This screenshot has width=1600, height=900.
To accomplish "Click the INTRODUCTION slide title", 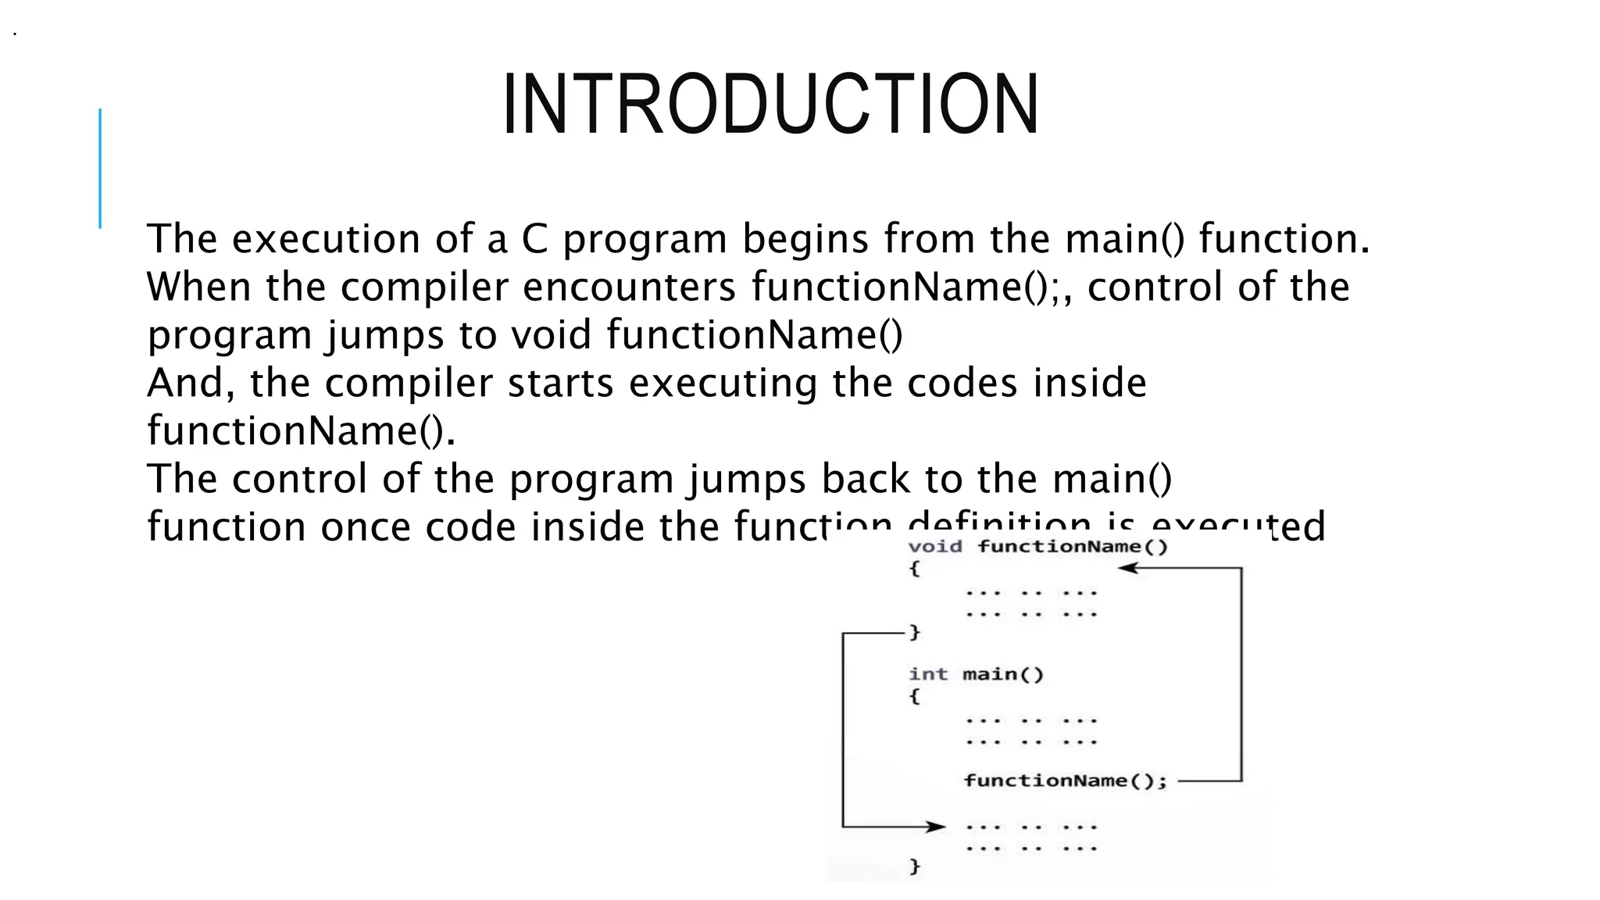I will tap(770, 105).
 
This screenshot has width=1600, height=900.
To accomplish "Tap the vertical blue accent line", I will tap(100, 168).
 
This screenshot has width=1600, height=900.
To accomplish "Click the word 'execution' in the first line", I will tap(327, 239).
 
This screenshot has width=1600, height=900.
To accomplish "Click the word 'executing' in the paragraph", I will tap(723, 384).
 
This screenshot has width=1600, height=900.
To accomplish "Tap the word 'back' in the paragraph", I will tap(865, 479).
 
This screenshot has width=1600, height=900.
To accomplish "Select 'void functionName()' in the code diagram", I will tap(1037, 547).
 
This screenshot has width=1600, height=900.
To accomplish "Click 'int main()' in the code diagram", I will tap(976, 674).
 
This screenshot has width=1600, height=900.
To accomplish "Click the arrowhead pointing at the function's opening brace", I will tap(1128, 569).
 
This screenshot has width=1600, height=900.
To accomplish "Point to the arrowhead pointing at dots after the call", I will tap(934, 827).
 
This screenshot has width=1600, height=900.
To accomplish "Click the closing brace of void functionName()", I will tap(915, 633).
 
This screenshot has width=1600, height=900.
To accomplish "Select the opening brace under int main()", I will tap(915, 696).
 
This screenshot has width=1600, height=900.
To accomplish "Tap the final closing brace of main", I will tap(915, 866).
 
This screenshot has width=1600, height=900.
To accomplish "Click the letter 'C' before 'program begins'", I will tap(534, 239).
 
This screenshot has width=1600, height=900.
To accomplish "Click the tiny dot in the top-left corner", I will tap(15, 34).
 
